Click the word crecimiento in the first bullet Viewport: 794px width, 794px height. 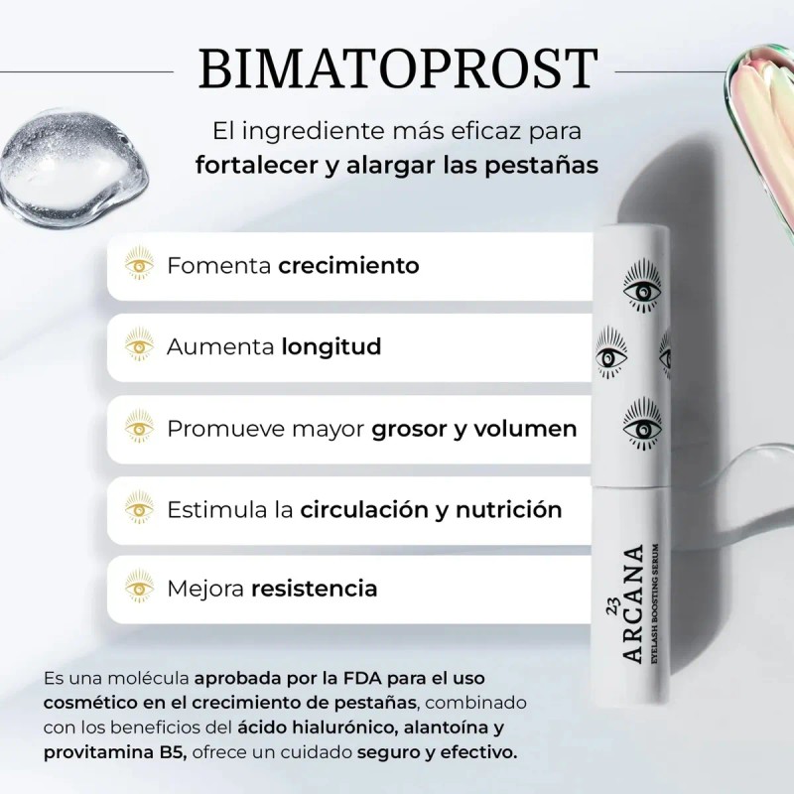pos(348,266)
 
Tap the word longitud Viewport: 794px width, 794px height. pos(331,347)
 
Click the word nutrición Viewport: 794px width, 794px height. pos(510,509)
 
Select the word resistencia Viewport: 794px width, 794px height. pos(314,589)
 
